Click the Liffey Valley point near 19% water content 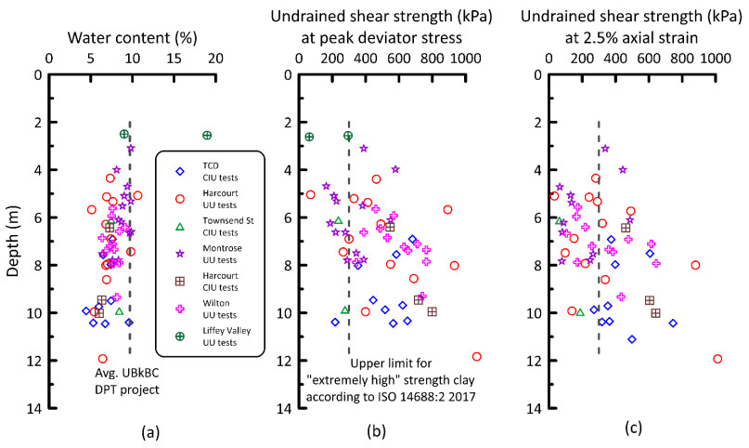207,136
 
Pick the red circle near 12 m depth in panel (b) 477,356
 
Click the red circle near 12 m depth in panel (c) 717,359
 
